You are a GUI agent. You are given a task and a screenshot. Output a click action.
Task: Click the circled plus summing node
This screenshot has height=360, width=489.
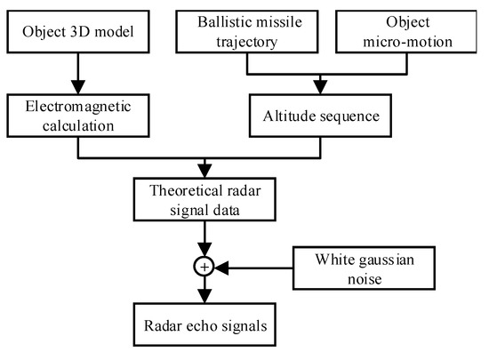tap(205, 266)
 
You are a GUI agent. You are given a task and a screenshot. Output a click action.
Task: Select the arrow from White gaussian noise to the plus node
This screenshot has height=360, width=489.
tap(258, 266)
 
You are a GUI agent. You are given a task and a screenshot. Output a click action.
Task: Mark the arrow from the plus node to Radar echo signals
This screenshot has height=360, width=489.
tap(205, 290)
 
